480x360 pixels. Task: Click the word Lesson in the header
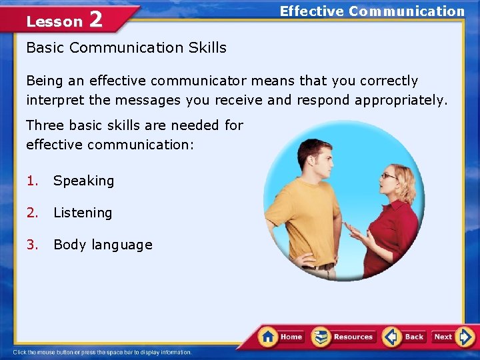point(54,21)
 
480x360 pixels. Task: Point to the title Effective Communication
point(371,11)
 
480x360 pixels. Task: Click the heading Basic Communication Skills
point(126,48)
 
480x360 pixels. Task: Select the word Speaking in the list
point(83,181)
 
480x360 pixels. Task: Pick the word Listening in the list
point(83,213)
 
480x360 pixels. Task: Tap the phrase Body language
point(103,245)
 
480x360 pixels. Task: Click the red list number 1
point(31,181)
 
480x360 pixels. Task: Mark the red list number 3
point(31,245)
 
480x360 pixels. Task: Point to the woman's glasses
point(388,176)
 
